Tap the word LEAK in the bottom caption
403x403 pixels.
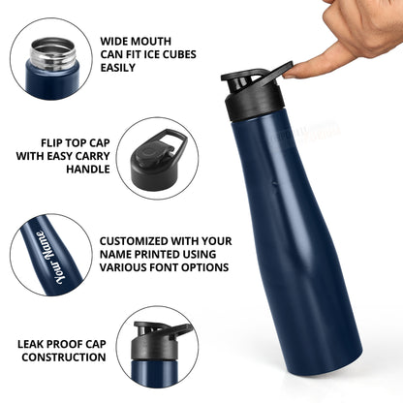coord(39,342)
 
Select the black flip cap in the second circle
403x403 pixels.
coord(154,157)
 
